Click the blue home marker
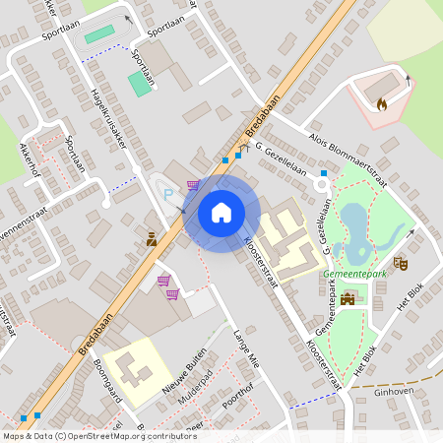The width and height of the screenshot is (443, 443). [221, 213]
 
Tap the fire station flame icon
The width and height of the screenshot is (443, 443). [382, 101]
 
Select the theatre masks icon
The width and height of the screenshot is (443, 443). [400, 263]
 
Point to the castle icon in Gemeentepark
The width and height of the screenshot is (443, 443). [347, 297]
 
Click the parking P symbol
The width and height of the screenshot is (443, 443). [167, 193]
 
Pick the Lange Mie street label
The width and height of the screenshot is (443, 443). [244, 348]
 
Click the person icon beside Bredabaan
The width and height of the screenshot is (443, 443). [152, 239]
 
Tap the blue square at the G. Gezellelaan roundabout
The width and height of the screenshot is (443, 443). [324, 172]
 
